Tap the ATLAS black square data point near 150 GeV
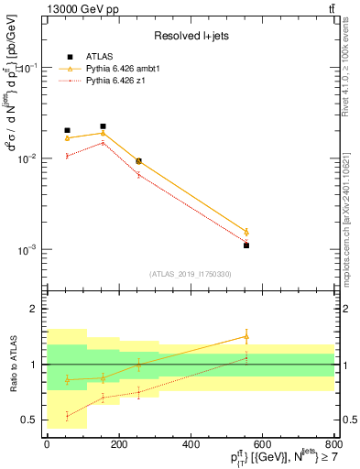click(x=103, y=126)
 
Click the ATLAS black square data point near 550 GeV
click(x=246, y=245)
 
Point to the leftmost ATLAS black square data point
click(x=67, y=130)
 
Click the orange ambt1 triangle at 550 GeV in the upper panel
click(x=246, y=232)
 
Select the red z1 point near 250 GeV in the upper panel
click(x=138, y=174)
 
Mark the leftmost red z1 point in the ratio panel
click(x=67, y=416)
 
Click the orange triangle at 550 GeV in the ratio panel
click(x=246, y=337)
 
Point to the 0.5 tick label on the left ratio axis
click(x=28, y=420)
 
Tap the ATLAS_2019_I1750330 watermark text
click(x=190, y=274)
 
